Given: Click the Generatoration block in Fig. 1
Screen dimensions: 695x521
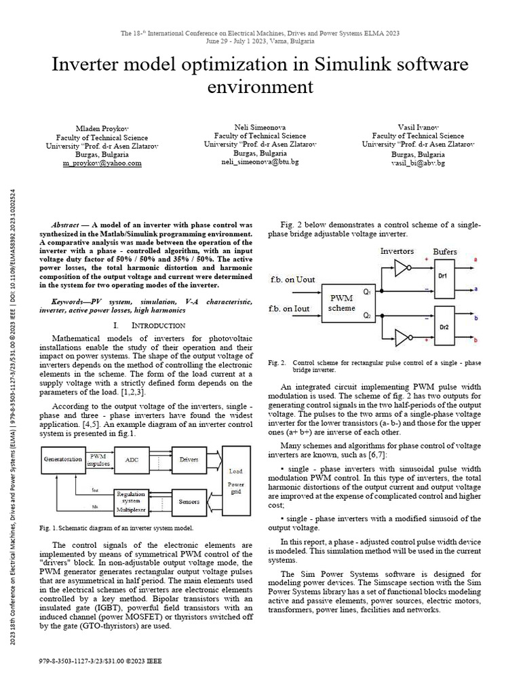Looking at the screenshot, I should [x=64, y=459].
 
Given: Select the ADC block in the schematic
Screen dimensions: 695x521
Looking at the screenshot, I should [x=132, y=459].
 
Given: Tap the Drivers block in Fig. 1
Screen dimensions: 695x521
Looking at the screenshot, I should [x=189, y=459].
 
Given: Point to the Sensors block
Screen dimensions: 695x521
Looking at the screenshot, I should [x=189, y=503].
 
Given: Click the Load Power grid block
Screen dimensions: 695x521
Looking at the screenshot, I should [x=236, y=479].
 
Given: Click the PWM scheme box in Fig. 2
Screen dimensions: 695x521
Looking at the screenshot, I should [x=342, y=302].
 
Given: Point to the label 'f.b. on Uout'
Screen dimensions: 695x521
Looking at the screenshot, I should [x=293, y=280].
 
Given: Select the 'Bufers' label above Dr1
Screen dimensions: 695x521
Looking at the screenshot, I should [x=445, y=252].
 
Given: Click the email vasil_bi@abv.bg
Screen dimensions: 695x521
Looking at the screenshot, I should [x=418, y=164].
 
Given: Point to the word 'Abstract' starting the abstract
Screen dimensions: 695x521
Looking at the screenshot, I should [x=67, y=225].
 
